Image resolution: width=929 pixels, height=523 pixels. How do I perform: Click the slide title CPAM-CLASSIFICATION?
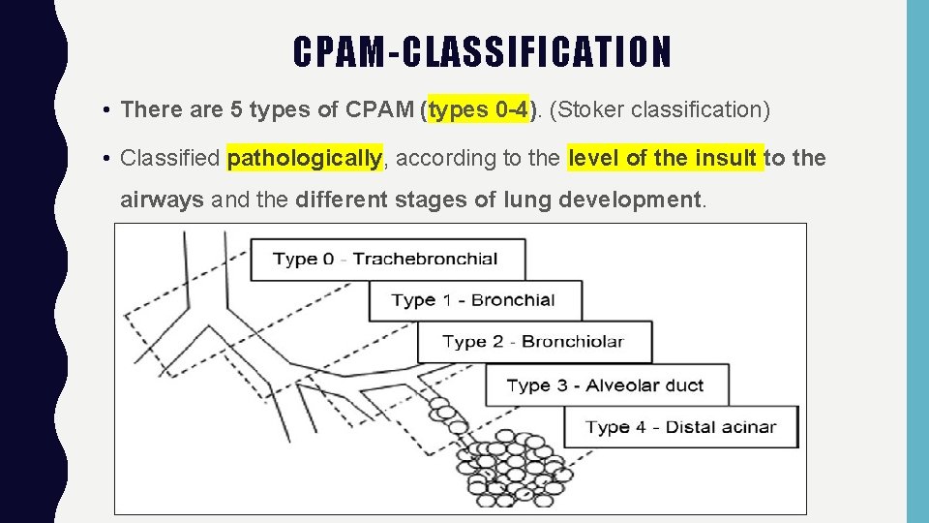pos(482,52)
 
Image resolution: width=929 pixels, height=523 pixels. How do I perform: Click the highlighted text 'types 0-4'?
pos(479,110)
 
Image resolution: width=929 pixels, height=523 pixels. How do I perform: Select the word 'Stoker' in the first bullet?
pos(587,110)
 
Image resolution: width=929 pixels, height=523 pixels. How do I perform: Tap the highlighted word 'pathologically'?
pos(305,158)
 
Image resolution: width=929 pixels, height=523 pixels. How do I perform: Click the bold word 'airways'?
pos(162,200)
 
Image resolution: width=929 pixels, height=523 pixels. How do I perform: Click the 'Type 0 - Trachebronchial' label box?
pos(387,260)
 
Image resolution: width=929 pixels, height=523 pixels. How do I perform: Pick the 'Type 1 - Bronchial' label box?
pos(474,300)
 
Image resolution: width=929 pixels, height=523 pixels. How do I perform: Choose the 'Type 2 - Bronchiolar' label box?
pos(533,342)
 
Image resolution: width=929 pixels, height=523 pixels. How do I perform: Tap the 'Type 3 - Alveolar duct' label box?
pos(605,385)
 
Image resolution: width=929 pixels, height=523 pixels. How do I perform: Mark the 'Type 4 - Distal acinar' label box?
pos(681,427)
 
